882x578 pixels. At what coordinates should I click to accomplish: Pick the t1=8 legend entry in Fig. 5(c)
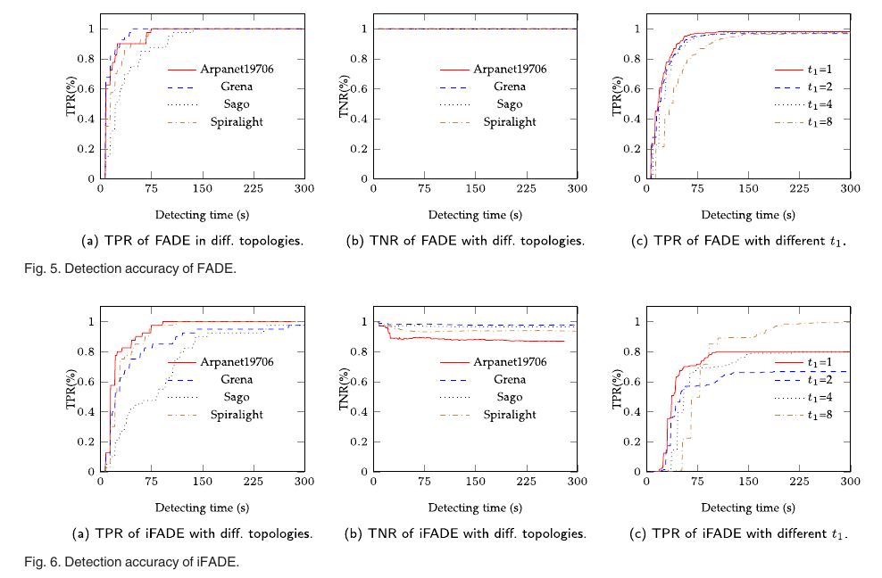click(819, 121)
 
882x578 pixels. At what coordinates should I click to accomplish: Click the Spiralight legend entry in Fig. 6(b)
click(510, 414)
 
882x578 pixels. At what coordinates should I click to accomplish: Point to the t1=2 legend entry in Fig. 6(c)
click(819, 379)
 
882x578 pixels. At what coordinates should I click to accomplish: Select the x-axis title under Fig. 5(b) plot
click(475, 215)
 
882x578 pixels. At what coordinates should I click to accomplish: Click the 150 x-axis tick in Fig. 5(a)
click(202, 188)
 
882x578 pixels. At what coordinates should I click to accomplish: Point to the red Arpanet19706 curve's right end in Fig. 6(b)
click(564, 341)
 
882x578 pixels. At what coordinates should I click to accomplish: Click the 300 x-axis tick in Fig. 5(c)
click(850, 188)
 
